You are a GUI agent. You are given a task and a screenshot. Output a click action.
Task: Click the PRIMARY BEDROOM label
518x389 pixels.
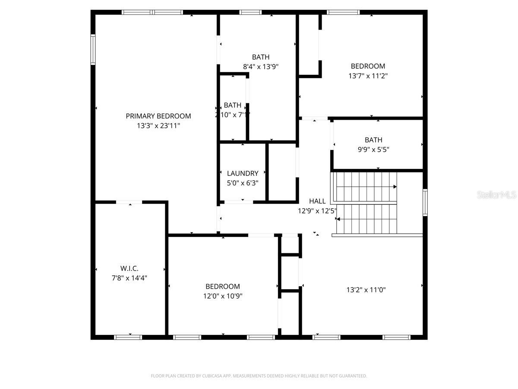[158, 116]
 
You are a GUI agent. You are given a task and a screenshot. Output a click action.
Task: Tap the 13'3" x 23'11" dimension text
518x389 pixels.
[158, 126]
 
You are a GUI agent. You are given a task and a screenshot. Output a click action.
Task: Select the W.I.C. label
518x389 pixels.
[129, 268]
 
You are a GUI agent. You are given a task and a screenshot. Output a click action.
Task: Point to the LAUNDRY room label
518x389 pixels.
[243, 173]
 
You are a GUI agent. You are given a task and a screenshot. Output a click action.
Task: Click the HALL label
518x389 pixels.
[317, 201]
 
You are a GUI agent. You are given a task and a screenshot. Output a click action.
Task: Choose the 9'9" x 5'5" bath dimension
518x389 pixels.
[373, 150]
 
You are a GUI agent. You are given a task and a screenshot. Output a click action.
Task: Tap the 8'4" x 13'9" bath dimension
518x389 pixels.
[261, 67]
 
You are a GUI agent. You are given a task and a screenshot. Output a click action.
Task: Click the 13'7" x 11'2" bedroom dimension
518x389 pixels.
[368, 76]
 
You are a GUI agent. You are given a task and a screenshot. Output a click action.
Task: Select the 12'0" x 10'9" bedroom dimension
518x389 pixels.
[222, 296]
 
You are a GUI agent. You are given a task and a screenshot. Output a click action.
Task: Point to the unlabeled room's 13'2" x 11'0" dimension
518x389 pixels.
[366, 290]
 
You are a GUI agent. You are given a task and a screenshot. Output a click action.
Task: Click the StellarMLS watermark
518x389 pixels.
[496, 195]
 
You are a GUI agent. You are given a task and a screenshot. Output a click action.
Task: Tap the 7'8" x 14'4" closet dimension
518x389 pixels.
[129, 278]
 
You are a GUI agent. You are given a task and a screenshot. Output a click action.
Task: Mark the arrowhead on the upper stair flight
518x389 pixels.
[395, 187]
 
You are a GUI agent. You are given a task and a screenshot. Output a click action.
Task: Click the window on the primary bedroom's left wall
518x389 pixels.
[93, 50]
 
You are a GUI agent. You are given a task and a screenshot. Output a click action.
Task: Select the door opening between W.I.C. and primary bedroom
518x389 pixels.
[129, 202]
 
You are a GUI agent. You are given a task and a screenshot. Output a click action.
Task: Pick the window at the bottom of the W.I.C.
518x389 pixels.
[128, 337]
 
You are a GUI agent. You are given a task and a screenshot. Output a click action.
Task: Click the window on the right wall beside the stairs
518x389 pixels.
[425, 202]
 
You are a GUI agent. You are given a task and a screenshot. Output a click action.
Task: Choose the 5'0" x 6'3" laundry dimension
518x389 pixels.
[243, 183]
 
